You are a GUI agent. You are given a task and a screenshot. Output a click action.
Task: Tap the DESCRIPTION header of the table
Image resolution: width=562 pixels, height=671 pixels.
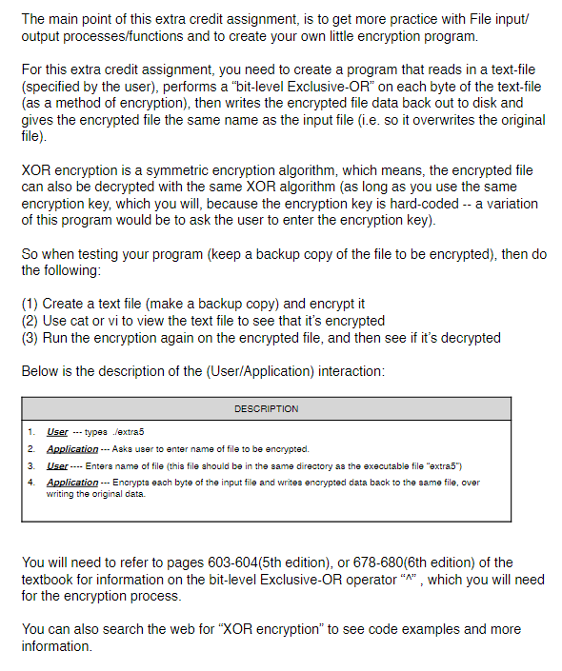pyautogui.click(x=266, y=408)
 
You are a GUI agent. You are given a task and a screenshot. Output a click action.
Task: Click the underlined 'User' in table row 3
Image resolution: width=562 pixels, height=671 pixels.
pyautogui.click(x=57, y=465)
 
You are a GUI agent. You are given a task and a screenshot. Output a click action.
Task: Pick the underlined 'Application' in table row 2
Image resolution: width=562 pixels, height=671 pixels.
pyautogui.click(x=72, y=449)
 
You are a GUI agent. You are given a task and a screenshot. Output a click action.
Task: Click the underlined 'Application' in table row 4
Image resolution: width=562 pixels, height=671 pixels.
pyautogui.click(x=72, y=483)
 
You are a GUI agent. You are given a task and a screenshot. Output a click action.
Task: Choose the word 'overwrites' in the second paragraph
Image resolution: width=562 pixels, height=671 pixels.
pyautogui.click(x=444, y=120)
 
